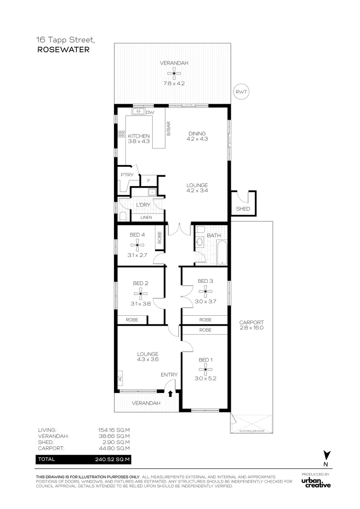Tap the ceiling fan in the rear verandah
click(x=174, y=73)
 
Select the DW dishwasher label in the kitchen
click(x=150, y=113)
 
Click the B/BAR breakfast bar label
click(x=168, y=129)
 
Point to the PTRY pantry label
click(x=127, y=175)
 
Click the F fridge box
click(x=148, y=181)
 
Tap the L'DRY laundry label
click(x=142, y=205)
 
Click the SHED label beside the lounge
click(x=243, y=209)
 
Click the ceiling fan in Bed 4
click(x=139, y=244)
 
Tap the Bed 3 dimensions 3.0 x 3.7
click(x=205, y=301)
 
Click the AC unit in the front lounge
click(x=120, y=378)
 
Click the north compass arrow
click(x=326, y=455)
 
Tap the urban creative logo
click(x=316, y=483)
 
